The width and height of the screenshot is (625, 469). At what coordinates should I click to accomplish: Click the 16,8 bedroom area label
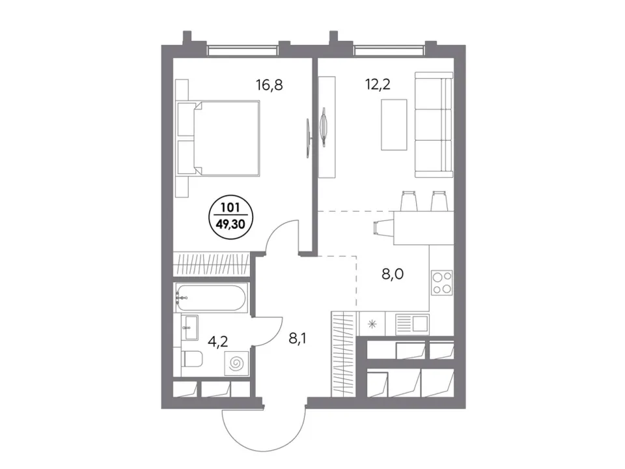(x=270, y=85)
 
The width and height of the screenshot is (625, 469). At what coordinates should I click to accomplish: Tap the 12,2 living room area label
(x=378, y=84)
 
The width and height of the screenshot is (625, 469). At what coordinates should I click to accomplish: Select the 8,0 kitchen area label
(x=393, y=274)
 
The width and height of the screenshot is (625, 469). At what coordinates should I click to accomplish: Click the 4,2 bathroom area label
(x=219, y=341)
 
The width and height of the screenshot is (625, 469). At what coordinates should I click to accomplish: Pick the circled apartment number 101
(x=230, y=208)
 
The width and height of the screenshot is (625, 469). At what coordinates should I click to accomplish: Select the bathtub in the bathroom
(x=212, y=297)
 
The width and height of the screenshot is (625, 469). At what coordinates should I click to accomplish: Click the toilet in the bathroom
(x=192, y=359)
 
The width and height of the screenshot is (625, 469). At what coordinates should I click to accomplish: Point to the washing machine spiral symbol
(x=236, y=363)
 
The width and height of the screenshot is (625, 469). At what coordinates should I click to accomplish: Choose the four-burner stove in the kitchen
(x=441, y=283)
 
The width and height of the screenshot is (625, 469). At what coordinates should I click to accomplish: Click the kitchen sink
(x=413, y=322)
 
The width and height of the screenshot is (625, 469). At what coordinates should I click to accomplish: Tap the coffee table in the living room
(x=394, y=125)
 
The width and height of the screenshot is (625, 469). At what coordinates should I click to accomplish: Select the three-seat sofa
(x=434, y=124)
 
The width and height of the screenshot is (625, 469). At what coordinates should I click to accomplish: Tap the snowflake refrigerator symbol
(x=372, y=324)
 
